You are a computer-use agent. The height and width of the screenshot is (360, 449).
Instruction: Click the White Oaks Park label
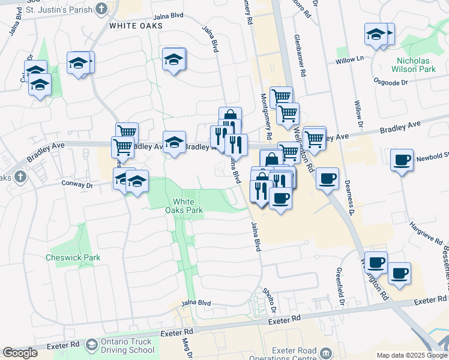(x=184, y=206)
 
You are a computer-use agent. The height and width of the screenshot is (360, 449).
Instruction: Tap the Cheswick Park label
(x=73, y=257)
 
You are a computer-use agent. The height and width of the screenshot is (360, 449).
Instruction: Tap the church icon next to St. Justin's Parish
(x=101, y=9)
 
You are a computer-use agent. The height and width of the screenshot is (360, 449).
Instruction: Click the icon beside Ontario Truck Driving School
(x=92, y=346)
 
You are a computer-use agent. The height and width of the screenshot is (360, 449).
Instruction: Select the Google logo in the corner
(x=20, y=353)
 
